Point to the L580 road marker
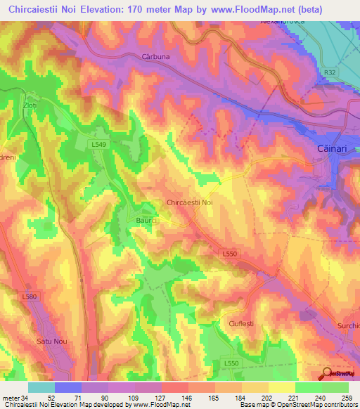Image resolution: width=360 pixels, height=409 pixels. pos(29,297)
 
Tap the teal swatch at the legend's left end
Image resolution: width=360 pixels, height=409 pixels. pos(41,387)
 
